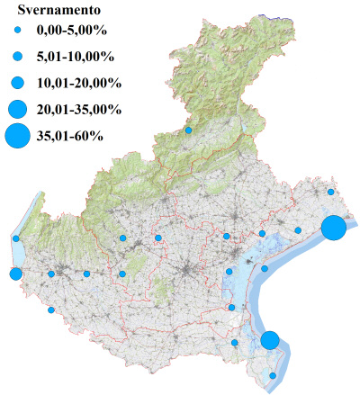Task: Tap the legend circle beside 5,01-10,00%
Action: point(17,57)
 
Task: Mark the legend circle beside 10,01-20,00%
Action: point(17,83)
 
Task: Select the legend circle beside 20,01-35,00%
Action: point(17,110)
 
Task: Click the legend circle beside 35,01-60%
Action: point(17,137)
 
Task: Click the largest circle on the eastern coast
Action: point(333,228)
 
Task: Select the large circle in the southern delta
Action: point(270,340)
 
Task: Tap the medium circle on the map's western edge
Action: point(15,274)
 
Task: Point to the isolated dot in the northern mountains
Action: point(188,130)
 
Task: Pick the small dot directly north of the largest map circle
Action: point(331,192)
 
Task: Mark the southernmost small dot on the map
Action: point(274,375)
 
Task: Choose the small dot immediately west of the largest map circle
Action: point(298,230)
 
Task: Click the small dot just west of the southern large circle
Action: point(235,343)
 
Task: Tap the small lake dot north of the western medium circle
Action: point(16,238)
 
